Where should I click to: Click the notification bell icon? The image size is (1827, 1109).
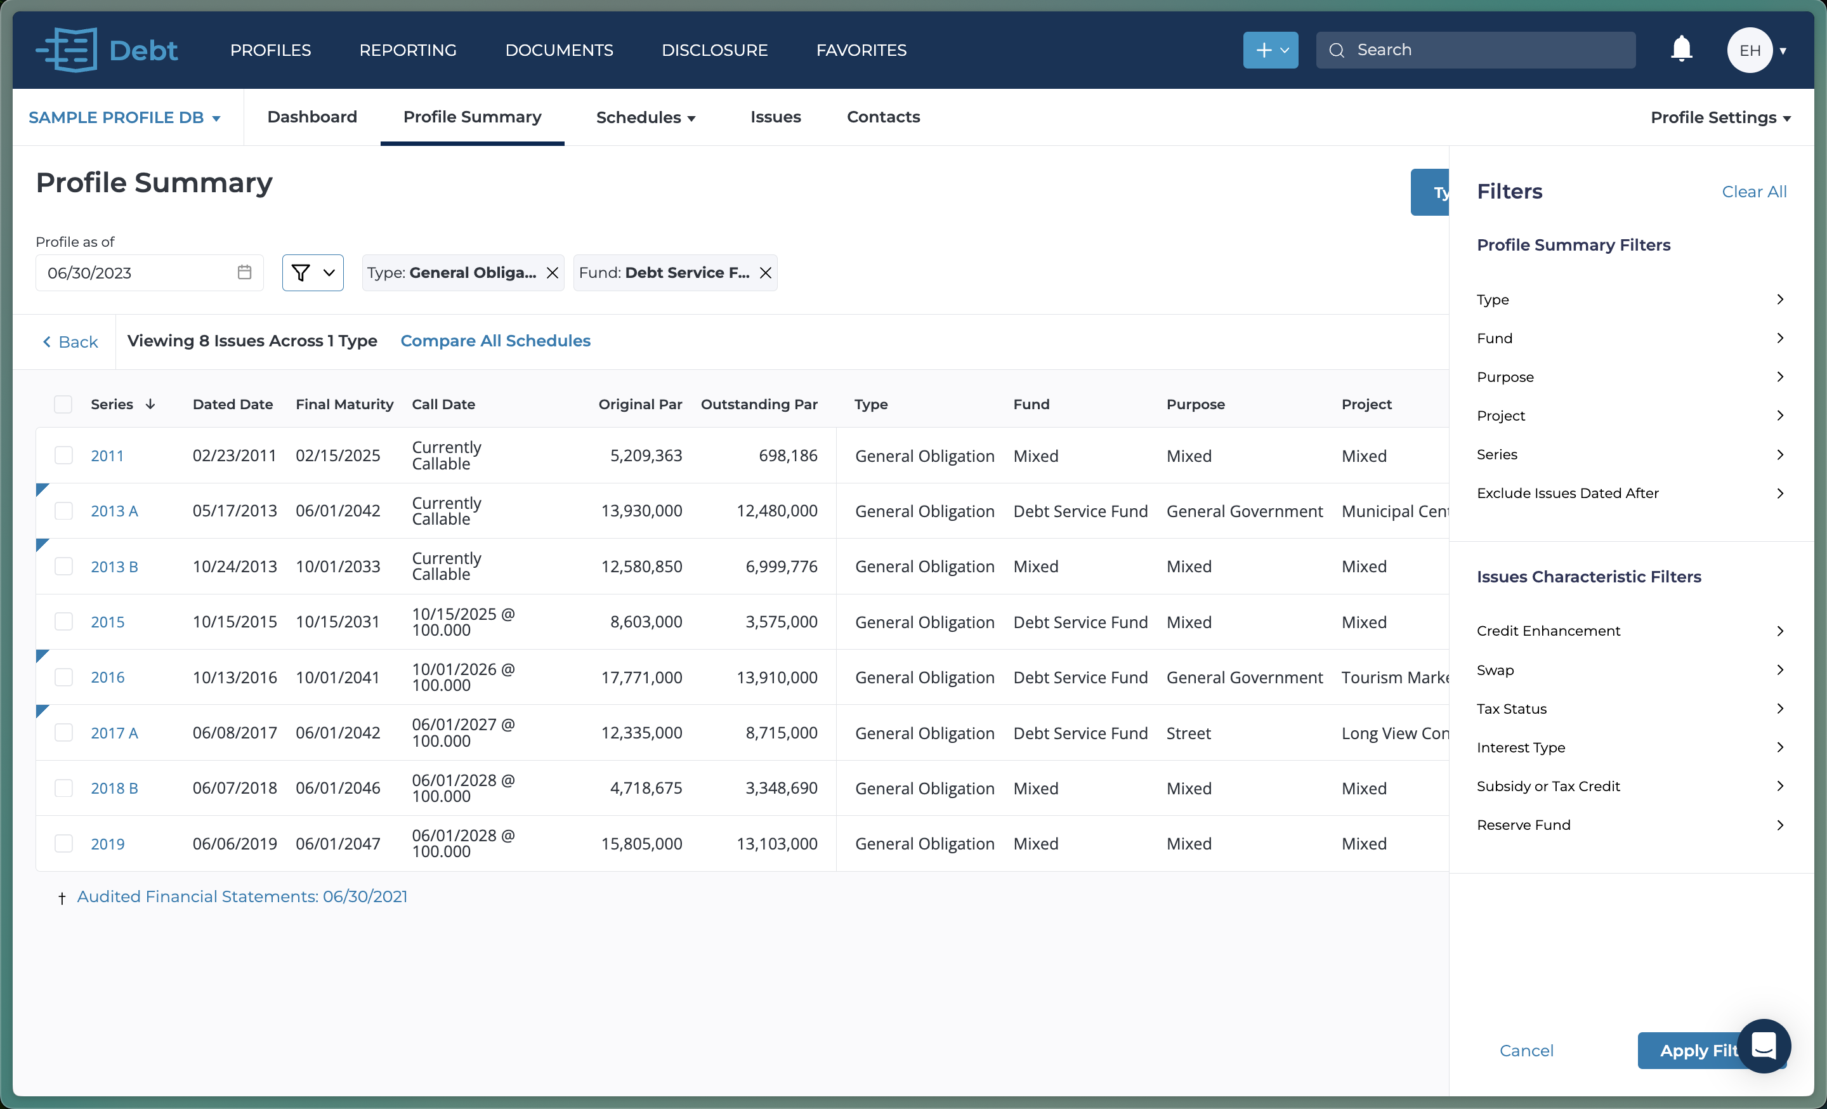(1681, 49)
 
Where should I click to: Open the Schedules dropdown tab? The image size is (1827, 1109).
(645, 117)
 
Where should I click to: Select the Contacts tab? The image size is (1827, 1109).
(883, 117)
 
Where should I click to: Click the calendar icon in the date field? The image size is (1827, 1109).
(245, 273)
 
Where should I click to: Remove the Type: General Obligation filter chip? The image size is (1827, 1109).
(553, 273)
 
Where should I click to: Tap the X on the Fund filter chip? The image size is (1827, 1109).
(766, 273)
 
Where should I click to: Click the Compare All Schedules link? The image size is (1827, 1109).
(495, 341)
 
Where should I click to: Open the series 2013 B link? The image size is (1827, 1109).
(114, 567)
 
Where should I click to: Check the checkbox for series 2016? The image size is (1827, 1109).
(64, 677)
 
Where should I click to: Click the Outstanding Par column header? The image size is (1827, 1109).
(759, 404)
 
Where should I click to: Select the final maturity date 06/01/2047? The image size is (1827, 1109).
(337, 844)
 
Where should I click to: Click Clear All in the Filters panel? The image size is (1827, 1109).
(1753, 191)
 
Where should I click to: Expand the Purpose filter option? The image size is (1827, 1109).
(1630, 377)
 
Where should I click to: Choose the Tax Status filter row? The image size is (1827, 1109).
(1630, 709)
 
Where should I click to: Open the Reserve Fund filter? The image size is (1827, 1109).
(1630, 825)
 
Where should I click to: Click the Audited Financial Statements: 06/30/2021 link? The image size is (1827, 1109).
(242, 896)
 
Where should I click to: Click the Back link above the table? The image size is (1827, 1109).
(71, 342)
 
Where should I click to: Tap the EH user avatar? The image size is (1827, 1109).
(1750, 50)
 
